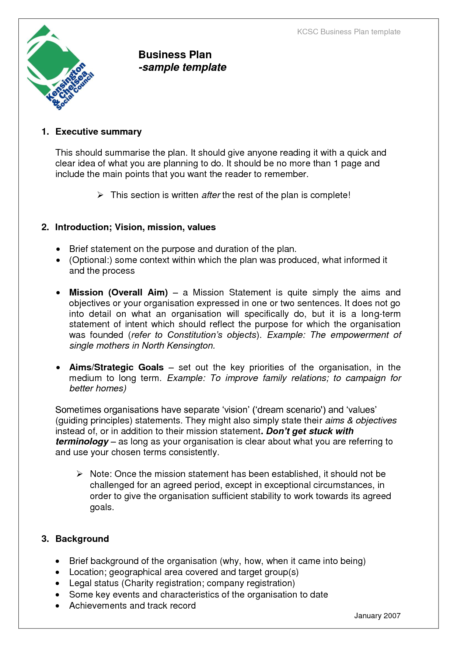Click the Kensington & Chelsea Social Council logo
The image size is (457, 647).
pos(59,69)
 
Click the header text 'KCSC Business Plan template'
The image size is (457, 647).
pos(349,32)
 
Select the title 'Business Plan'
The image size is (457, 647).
pos(175,55)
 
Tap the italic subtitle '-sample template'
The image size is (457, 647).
pos(182,67)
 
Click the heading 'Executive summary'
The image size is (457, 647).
pos(98,132)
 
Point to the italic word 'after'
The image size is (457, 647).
pos(211,195)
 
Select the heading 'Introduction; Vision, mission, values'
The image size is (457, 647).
pos(135,227)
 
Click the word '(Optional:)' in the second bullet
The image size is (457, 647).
pos(91,260)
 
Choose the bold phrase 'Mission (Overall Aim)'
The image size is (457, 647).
pos(118,293)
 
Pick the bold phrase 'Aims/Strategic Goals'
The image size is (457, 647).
pos(116,367)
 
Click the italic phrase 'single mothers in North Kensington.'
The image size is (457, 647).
pos(142,346)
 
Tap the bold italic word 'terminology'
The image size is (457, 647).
pos(82,442)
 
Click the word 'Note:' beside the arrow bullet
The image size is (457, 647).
pos(101,474)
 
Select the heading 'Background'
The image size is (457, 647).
pos(82,539)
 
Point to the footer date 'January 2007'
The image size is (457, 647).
pos(377,616)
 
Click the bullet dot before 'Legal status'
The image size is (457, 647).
pos(58,584)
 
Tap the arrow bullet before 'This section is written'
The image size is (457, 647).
pos(100,195)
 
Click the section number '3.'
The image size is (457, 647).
pos(45,539)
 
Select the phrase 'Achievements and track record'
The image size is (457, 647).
pos(132,606)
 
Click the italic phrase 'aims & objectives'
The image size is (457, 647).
pos(361,421)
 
